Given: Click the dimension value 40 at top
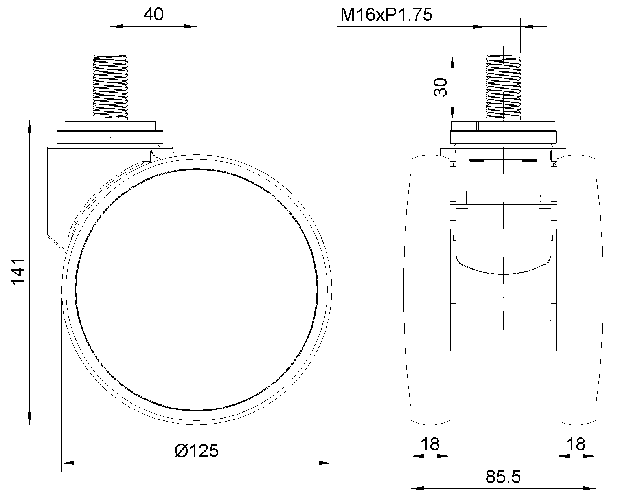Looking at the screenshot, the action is (x=153, y=14).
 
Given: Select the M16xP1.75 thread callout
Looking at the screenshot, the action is (x=386, y=15).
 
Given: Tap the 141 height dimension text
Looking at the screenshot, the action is (x=18, y=271).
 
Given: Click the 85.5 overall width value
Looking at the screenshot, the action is (x=503, y=477).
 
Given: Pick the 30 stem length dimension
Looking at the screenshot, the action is (x=440, y=87).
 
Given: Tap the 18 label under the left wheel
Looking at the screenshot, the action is (x=430, y=444).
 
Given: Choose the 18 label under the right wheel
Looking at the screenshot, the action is (x=576, y=444).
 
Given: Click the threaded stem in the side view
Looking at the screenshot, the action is (x=110, y=87).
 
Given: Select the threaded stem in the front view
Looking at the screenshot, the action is (x=503, y=87).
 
